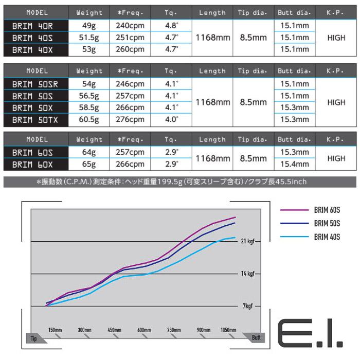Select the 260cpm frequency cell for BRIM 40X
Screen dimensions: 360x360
coord(130,49)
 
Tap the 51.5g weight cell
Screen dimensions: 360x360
coord(89,38)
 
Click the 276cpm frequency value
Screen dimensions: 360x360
coord(130,119)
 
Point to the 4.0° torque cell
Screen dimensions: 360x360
coord(171,119)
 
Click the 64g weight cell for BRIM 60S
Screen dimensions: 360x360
coord(89,153)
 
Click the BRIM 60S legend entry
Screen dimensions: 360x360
coord(327,210)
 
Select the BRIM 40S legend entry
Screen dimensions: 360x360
coord(327,237)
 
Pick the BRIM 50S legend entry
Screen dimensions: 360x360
coord(327,224)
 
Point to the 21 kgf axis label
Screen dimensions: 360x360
coord(246,241)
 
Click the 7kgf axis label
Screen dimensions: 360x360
coord(247,306)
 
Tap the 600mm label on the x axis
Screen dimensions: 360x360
coord(144,330)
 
